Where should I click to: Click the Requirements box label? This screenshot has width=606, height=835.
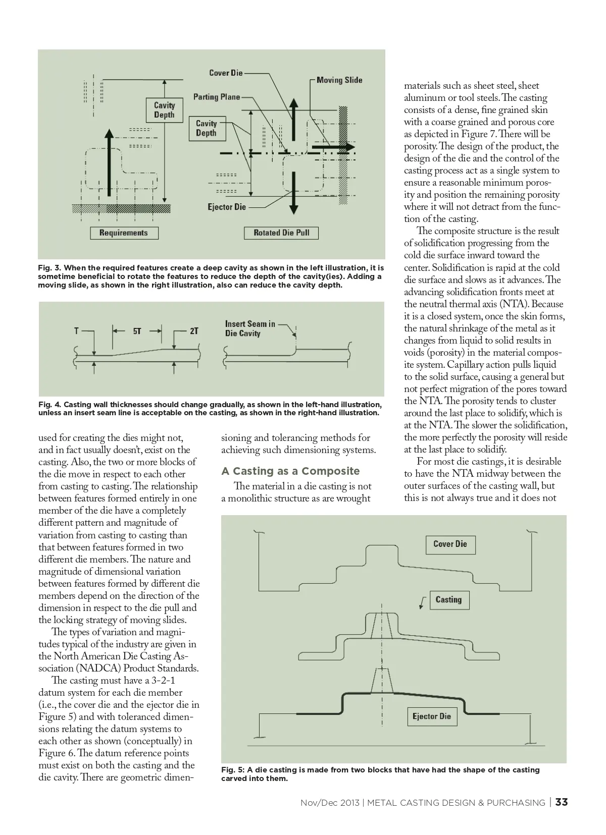124,233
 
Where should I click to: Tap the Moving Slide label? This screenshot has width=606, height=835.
339,80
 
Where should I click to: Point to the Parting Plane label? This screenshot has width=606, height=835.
217,97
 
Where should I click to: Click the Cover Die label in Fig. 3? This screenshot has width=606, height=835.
226,73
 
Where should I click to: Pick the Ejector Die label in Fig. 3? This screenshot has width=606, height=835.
227,207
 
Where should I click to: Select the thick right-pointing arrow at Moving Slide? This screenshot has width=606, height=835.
333,147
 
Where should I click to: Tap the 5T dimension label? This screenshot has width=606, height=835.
137,331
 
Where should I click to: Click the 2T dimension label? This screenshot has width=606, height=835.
194,331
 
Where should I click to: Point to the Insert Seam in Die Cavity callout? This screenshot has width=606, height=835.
250,328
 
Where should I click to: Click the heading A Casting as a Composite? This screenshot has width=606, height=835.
290,471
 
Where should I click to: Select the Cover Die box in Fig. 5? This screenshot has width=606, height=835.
450,544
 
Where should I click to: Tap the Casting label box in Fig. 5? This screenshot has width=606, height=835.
448,599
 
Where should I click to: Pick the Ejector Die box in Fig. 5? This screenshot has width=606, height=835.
431,716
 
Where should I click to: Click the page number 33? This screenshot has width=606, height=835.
562,802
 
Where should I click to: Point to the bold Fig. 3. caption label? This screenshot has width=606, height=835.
49,268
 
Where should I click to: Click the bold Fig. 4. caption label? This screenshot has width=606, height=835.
49,405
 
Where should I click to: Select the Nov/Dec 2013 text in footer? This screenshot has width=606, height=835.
330,803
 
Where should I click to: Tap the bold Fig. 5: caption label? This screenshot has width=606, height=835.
233,770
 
